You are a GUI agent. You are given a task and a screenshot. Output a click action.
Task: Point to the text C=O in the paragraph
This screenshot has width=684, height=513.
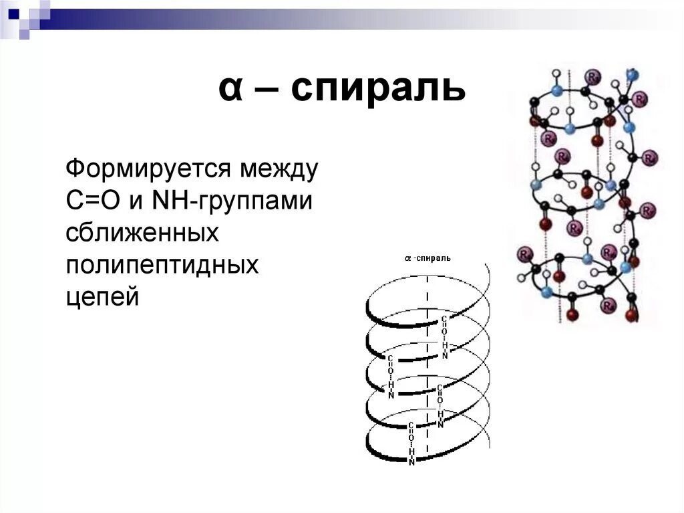click(x=92, y=200)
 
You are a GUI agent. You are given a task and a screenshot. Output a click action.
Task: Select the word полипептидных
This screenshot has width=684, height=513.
click(x=162, y=265)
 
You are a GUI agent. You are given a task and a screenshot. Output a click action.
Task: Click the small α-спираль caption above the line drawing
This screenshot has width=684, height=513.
click(x=427, y=258)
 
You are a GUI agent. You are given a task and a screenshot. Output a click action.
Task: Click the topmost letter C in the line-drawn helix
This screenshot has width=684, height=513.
click(x=444, y=320)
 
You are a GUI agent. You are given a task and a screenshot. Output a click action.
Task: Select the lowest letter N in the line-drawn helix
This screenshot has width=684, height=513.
click(x=411, y=462)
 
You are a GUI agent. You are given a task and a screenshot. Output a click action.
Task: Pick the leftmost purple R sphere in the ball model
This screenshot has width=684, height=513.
click(x=524, y=255)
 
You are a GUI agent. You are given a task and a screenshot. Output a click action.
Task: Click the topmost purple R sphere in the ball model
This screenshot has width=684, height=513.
click(x=592, y=76)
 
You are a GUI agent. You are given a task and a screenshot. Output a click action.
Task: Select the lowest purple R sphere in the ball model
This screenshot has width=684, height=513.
click(x=609, y=305)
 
